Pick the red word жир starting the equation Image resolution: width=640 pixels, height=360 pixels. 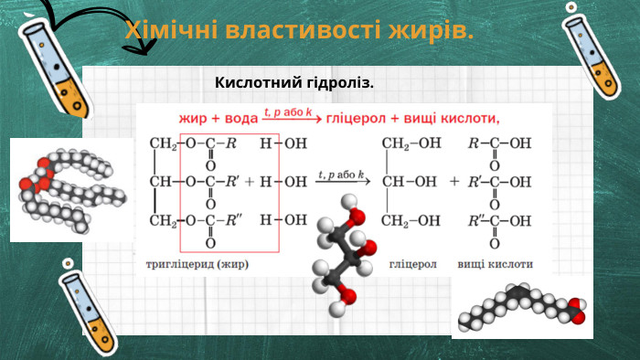coord(192,117)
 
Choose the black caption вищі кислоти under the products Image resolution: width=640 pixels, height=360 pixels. coord(496,263)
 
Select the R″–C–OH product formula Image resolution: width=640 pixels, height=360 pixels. coord(499,221)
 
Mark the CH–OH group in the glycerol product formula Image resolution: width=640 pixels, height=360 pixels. coord(411,181)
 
